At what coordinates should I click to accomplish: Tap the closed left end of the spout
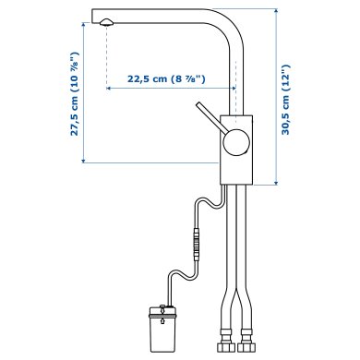point(93,17)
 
